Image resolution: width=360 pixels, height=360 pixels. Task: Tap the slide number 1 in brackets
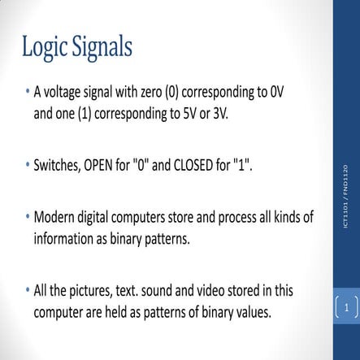pyautogui.click(x=346, y=307)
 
